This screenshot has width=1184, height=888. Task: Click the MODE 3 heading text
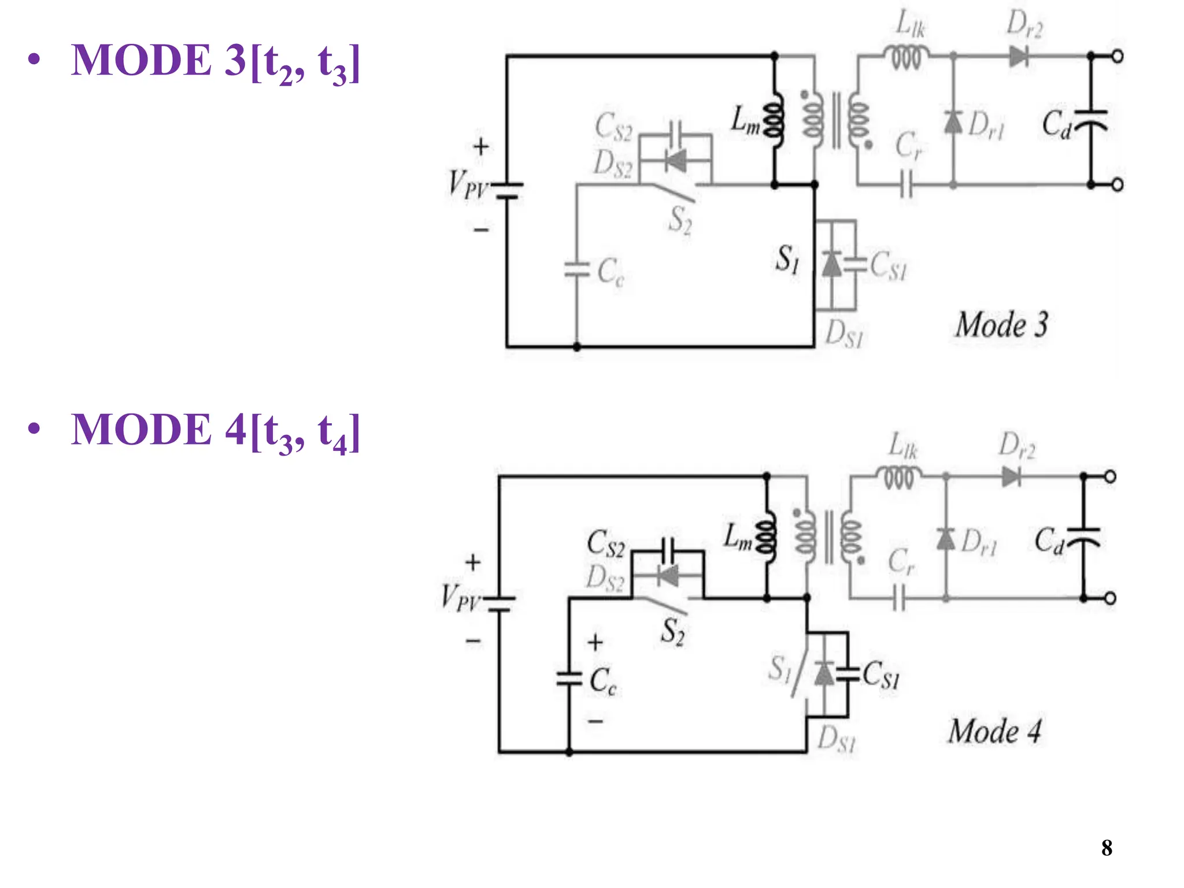point(215,61)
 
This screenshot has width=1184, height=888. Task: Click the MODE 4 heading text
point(215,431)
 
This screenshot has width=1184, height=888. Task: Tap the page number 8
point(1107,848)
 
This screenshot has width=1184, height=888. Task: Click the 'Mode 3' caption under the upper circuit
point(1001,324)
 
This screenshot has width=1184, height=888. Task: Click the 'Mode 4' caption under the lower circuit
point(994,731)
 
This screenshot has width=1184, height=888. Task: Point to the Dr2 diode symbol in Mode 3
point(1018,57)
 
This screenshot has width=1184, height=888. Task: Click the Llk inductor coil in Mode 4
point(898,478)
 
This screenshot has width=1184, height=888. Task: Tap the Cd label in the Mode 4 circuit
point(1049,541)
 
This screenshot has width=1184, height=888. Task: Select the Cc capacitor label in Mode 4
point(602,681)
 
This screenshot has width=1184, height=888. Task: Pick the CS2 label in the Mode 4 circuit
point(605,544)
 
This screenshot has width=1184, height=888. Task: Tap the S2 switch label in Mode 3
point(680,221)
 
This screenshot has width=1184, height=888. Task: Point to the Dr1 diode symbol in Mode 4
point(946,539)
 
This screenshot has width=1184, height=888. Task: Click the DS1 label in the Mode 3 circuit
point(843,334)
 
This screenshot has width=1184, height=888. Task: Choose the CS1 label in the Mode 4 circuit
point(881,675)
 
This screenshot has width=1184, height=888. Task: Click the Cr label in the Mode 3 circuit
point(908,145)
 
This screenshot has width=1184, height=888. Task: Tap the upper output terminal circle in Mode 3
point(1118,57)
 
